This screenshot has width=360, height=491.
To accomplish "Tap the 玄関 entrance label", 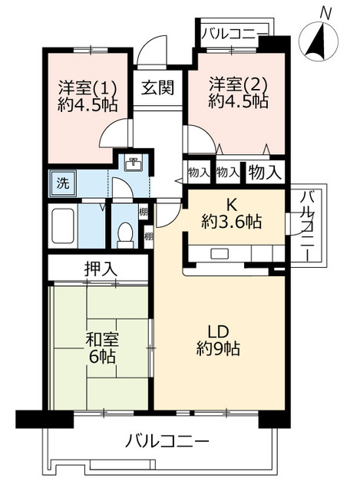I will pos(157,87).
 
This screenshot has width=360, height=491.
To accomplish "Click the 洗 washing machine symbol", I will pos(60,183).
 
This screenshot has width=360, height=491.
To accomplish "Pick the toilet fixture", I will pos(124,233).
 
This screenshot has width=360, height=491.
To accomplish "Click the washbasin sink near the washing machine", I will pos(134,163).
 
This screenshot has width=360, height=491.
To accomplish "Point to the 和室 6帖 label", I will pos(101,347).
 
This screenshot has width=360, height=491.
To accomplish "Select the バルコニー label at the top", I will pos(234,34).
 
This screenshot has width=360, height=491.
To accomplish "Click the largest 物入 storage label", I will pos(265,171).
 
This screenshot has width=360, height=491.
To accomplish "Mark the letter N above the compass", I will pos(326,13).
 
